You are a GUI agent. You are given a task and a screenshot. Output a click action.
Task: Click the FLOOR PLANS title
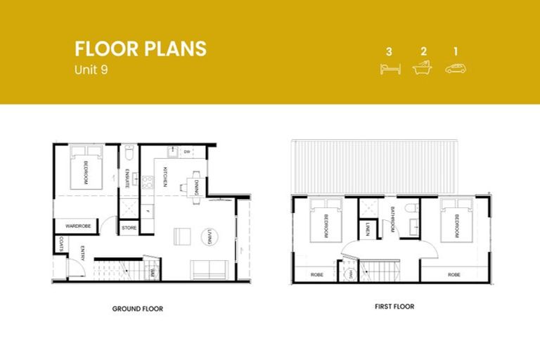point(141,49)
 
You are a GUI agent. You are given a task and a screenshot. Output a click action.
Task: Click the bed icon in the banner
point(389,68)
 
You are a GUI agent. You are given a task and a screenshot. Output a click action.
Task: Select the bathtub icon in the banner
point(423,68)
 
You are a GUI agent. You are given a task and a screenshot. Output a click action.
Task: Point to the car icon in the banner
point(456,68)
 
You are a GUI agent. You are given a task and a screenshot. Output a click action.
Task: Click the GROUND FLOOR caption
point(138,309)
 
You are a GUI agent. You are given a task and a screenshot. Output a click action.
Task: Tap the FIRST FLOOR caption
point(394,307)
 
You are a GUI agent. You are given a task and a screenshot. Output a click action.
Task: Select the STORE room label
point(129,228)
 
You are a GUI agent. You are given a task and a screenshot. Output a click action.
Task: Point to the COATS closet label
point(62,244)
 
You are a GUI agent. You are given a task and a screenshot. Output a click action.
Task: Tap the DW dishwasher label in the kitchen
point(187,151)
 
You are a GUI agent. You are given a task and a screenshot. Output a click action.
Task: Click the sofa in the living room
point(208,269)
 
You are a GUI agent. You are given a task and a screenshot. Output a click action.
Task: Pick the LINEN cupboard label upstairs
point(368,229)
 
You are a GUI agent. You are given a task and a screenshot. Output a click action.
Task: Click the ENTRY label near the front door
point(83,252)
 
